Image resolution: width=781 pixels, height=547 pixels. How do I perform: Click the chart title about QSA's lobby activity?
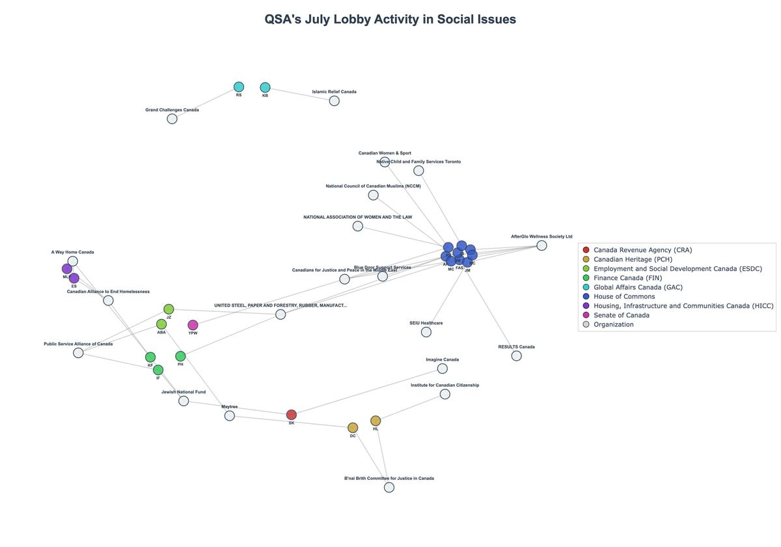pos(390,19)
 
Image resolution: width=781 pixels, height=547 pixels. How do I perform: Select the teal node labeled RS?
pos(239,87)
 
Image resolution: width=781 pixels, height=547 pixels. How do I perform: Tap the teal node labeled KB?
pos(265,87)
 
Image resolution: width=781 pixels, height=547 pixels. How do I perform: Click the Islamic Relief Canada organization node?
pos(334,101)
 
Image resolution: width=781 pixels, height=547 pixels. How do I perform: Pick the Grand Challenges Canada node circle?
pos(172,119)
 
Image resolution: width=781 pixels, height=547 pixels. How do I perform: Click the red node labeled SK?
pos(292,415)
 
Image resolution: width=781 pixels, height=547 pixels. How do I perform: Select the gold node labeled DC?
pos(353,428)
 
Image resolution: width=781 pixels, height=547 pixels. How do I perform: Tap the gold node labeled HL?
pos(376,421)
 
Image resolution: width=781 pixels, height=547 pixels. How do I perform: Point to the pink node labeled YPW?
pos(193,325)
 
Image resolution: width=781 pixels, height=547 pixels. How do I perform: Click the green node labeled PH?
pos(180,356)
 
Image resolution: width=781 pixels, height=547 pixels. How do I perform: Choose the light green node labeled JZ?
pos(169,309)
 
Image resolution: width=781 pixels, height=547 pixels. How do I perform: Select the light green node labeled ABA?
pos(161,324)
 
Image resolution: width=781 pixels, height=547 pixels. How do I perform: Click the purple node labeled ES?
pos(74,278)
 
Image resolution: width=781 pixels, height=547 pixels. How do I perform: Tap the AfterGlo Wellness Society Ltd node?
pos(541,245)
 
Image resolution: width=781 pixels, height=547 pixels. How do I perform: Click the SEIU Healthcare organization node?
pos(426,332)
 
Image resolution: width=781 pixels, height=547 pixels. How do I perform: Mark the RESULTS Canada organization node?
pos(517,356)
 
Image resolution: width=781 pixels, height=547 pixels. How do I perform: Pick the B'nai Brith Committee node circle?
pos(389,487)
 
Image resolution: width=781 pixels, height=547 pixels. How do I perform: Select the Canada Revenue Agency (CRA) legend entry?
pos(642,250)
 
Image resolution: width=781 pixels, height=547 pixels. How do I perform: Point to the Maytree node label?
pos(230,407)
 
